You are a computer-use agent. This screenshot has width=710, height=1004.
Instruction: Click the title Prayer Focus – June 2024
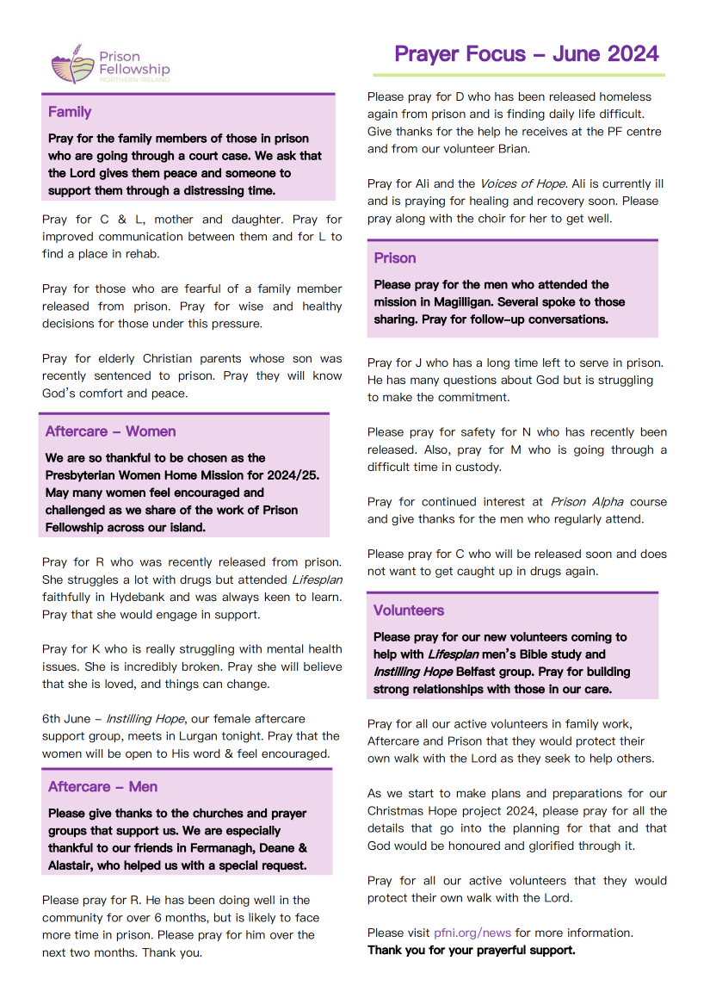526,53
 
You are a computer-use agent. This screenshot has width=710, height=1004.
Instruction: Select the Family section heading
70,112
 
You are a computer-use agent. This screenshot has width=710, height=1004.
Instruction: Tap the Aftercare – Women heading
110,431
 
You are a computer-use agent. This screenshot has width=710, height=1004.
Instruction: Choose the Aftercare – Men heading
102,787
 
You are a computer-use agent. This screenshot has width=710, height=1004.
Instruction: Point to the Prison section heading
395,258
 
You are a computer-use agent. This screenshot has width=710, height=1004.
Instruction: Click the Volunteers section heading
409,610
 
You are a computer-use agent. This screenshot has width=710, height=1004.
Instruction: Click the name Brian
512,148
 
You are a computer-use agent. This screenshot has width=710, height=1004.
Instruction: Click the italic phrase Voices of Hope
522,183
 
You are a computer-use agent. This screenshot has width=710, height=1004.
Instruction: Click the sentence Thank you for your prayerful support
471,951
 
